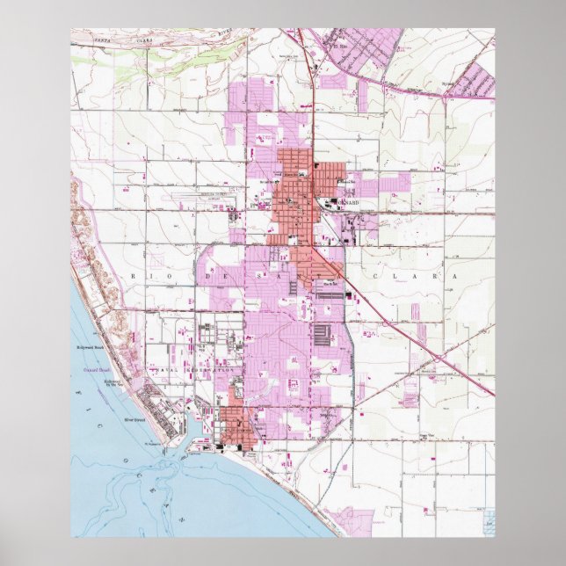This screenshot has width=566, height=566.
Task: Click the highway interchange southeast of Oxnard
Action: click(437, 358)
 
